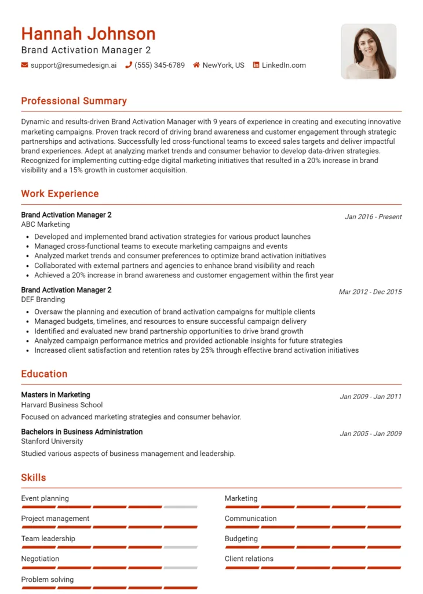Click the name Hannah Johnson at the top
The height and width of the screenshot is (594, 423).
[88, 34]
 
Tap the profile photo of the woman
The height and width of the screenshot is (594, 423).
[369, 51]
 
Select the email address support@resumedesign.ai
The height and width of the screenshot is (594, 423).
[74, 66]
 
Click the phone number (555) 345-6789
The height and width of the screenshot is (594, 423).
[159, 66]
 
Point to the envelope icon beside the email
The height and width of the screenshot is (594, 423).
[24, 66]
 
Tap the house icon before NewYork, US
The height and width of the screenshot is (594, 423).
[196, 66]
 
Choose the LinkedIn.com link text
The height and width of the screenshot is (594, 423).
[283, 66]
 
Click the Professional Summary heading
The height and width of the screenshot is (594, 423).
[74, 101]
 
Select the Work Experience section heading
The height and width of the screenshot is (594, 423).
[60, 194]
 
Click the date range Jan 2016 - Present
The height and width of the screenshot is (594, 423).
[373, 217]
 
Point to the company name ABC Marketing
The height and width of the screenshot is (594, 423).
[45, 224]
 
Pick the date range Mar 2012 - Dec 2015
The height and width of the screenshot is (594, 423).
[370, 292]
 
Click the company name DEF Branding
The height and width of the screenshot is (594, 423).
[43, 300]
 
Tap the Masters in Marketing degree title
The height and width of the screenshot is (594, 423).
[56, 395]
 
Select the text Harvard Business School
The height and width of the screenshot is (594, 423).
[62, 405]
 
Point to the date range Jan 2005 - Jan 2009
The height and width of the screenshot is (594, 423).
[371, 434]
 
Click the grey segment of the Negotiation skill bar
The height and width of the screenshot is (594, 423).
[180, 567]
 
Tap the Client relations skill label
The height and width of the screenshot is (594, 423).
[249, 559]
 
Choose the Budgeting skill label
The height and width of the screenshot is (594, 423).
[241, 539]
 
